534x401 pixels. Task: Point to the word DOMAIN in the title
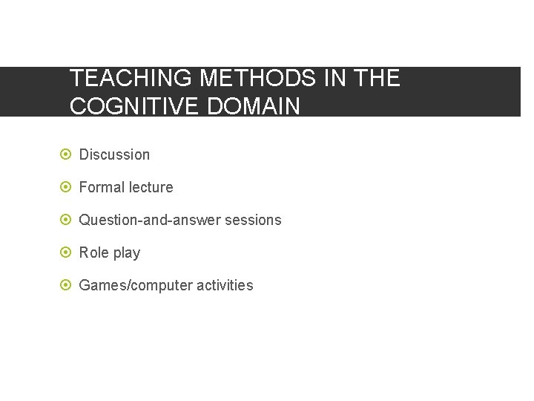254,106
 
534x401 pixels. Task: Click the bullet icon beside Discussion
65,154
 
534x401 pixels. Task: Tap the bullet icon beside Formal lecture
65,187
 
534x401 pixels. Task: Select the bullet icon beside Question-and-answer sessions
65,220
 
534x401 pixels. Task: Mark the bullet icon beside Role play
65,252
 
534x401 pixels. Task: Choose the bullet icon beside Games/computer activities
65,285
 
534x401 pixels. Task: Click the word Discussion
114,154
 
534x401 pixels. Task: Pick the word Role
93,252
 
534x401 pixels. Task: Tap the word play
126,253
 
